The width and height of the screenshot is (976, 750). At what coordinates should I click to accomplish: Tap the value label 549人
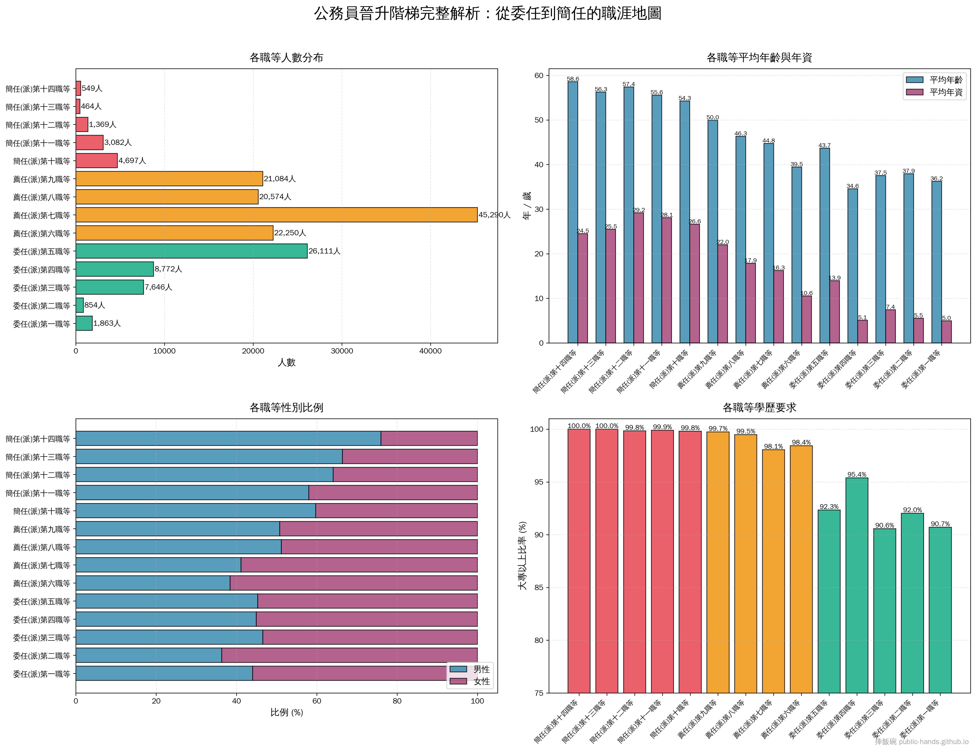tap(92, 88)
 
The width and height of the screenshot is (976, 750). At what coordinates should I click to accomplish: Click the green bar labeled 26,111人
tap(191, 251)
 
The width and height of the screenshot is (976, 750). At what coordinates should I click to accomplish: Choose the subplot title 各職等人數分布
tap(286, 58)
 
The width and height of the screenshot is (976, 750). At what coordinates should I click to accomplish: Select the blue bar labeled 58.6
tap(573, 212)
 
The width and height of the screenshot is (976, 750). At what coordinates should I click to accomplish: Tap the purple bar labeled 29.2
tap(639, 278)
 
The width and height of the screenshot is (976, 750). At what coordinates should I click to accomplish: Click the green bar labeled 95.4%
tap(857, 585)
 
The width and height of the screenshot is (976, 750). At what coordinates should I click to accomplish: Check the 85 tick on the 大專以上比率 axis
tap(538, 588)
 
